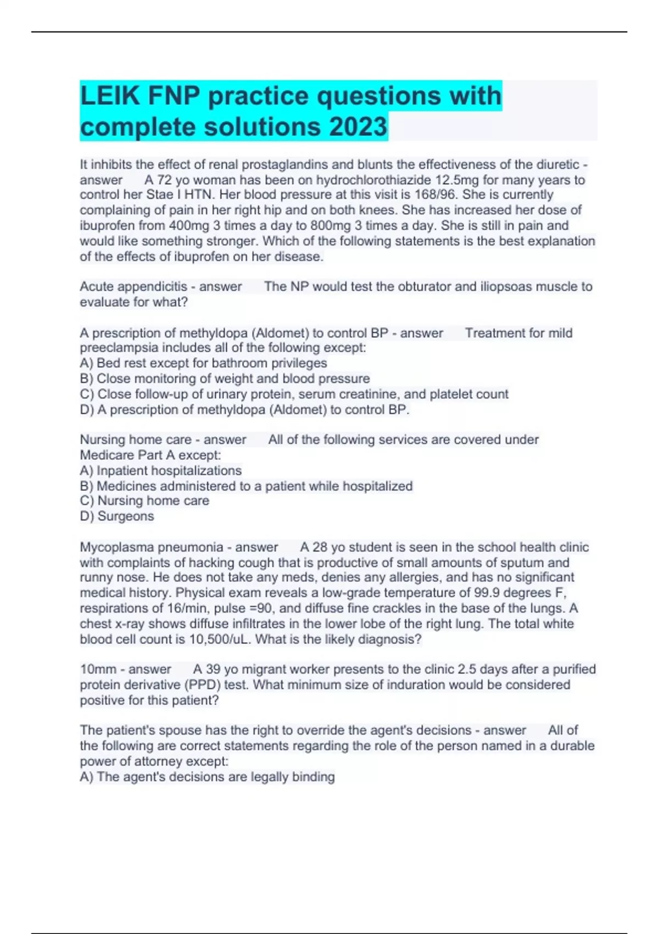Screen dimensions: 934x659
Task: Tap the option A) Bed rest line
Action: pos(203,363)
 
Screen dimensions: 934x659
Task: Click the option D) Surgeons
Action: pos(117,516)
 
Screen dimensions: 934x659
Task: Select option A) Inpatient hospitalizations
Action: pos(160,471)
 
